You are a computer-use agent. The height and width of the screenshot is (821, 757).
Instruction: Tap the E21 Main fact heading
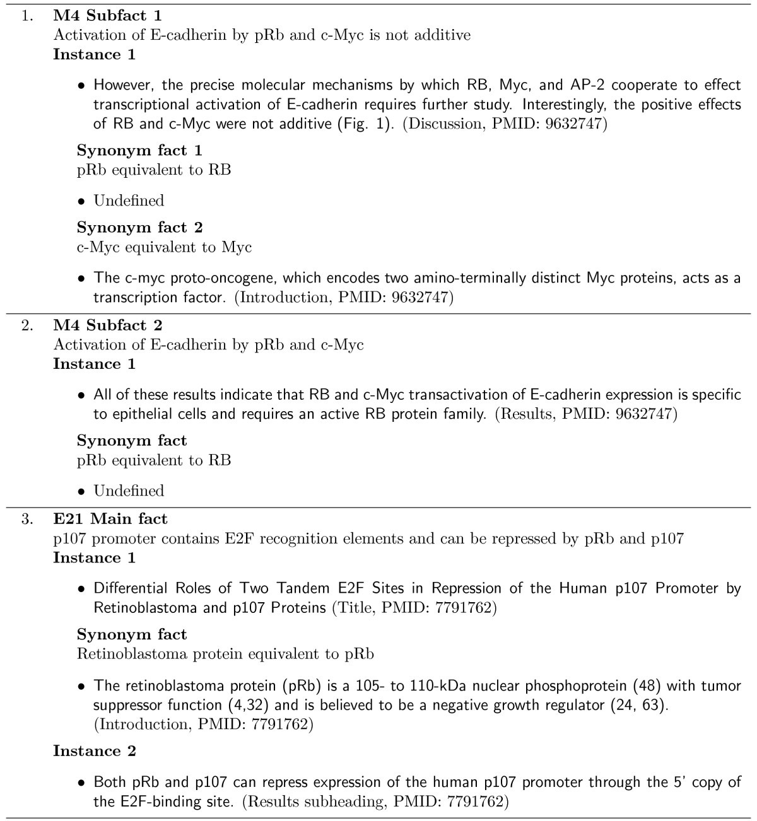pyautogui.click(x=110, y=519)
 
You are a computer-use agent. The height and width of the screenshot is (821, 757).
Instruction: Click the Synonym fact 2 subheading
pyautogui.click(x=139, y=228)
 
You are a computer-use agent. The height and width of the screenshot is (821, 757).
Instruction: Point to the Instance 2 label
pyautogui.click(x=94, y=751)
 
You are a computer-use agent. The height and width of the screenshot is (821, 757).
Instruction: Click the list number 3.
pyautogui.click(x=26, y=520)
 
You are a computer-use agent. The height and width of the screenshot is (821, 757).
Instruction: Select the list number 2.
pyautogui.click(x=26, y=326)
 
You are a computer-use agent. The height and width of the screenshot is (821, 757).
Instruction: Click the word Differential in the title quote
pyautogui.click(x=131, y=588)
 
